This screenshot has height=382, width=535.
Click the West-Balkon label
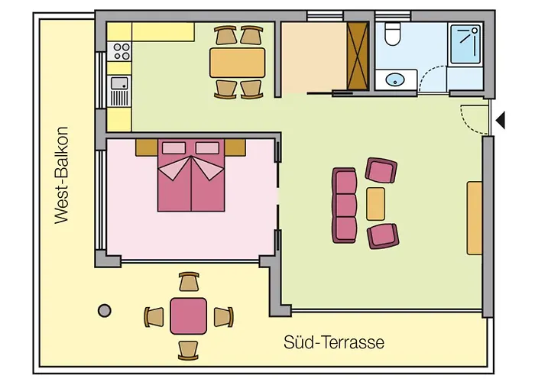(62, 175)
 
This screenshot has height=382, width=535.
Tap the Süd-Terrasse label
(333, 342)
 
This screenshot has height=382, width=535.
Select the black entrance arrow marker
(501, 119)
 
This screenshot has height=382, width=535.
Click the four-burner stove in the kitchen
(121, 51)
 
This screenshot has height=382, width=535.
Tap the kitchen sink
(119, 90)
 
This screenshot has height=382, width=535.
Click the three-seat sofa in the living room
(345, 204)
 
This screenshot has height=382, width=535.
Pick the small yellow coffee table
(375, 203)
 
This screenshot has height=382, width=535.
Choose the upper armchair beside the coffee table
(380, 170)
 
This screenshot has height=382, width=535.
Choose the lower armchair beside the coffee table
(382, 235)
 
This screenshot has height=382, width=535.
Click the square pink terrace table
(188, 316)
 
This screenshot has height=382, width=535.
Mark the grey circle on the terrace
(104, 310)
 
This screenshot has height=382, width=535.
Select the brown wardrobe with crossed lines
(358, 56)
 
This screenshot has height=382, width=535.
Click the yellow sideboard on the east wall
(475, 218)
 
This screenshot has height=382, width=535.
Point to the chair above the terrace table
(189, 283)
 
